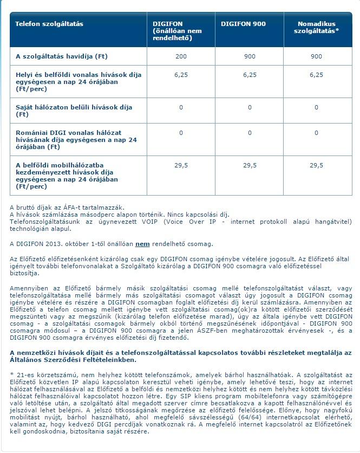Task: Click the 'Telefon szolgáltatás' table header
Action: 49,24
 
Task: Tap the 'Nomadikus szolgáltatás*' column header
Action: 317,28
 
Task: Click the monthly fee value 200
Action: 181,56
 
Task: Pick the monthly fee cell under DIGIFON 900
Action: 250,56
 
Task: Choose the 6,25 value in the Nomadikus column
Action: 317,75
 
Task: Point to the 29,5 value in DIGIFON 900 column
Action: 250,165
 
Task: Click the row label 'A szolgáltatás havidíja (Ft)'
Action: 62,56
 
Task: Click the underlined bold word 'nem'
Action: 142,244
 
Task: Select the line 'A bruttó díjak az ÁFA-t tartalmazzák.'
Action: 67,208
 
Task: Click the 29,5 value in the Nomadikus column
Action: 317,165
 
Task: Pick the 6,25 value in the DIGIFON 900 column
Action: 250,75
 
